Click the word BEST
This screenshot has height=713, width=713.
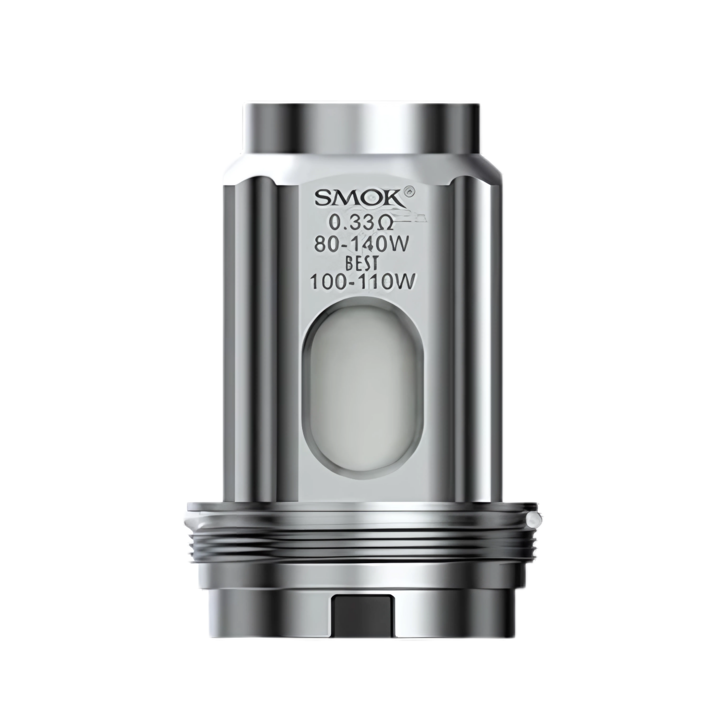click(x=361, y=265)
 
